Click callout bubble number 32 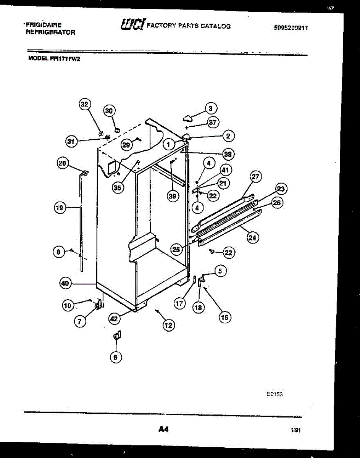[84, 105]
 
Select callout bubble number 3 [210, 108]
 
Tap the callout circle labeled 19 [59, 208]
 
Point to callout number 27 [255, 177]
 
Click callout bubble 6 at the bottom [116, 357]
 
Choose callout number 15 [225, 317]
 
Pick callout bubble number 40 [66, 283]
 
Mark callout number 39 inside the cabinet [173, 196]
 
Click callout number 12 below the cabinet [168, 325]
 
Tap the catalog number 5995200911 [291, 28]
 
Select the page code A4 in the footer [163, 430]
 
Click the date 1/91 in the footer [295, 431]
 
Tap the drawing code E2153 [275, 395]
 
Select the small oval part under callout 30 [117, 129]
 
